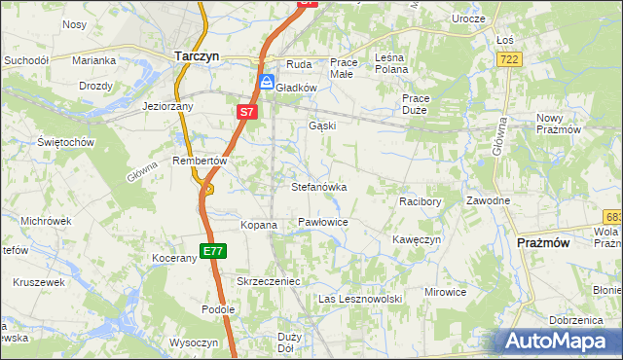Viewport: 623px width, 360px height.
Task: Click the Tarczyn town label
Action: [x=195, y=56]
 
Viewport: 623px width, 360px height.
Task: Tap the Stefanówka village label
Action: [x=319, y=186]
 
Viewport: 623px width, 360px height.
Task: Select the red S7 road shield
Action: [x=246, y=113]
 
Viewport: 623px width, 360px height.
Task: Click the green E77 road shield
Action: [x=214, y=251]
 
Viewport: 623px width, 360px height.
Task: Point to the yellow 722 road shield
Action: [x=508, y=60]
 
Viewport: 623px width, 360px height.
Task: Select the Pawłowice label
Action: [x=323, y=223]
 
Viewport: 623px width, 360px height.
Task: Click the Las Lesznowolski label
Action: [x=360, y=299]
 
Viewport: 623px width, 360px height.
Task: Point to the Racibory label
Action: [x=421, y=201]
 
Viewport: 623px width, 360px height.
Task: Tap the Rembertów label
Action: [x=199, y=161]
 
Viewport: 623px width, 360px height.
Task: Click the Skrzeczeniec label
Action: [x=269, y=280]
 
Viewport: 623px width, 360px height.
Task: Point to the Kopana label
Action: [x=259, y=225]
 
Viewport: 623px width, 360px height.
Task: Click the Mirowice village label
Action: [x=448, y=292]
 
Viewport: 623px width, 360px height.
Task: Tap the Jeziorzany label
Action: [x=168, y=106]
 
